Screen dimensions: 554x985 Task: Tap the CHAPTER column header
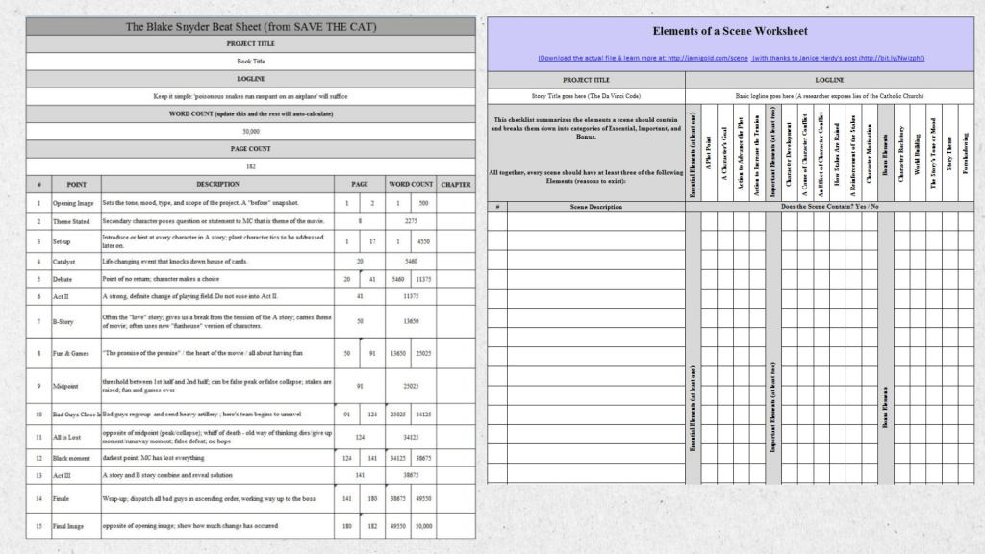tap(455, 184)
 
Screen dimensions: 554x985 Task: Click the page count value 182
tap(250, 165)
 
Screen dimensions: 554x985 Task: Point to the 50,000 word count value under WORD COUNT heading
tap(250, 131)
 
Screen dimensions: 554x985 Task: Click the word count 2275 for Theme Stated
tap(411, 220)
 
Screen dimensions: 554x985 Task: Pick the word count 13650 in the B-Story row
tap(411, 321)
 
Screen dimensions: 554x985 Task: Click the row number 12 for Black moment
tap(38, 458)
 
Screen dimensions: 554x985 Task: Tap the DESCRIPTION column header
tap(217, 184)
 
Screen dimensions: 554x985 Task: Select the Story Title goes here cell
tap(585, 96)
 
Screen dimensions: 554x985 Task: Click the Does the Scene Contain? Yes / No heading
tap(828, 207)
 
